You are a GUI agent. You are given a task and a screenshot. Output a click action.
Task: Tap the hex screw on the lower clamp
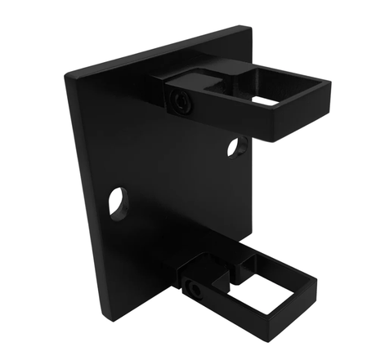point(193,289)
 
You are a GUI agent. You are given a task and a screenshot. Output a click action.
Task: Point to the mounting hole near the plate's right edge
point(236,147)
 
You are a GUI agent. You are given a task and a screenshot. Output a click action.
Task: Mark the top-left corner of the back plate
point(68,76)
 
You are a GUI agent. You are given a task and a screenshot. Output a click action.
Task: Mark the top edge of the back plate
point(155,51)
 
